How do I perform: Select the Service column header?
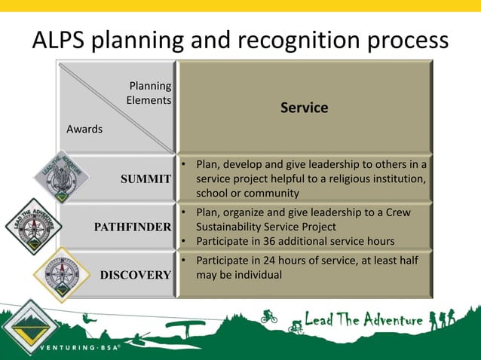pyautogui.click(x=304, y=108)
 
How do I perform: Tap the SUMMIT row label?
pyautogui.click(x=146, y=179)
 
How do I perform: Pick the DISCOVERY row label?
pyautogui.click(x=135, y=275)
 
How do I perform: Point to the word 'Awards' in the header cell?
pyautogui.click(x=84, y=129)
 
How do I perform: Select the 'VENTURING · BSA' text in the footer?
pyautogui.click(x=81, y=349)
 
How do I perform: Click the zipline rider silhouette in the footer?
pyautogui.click(x=90, y=319)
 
